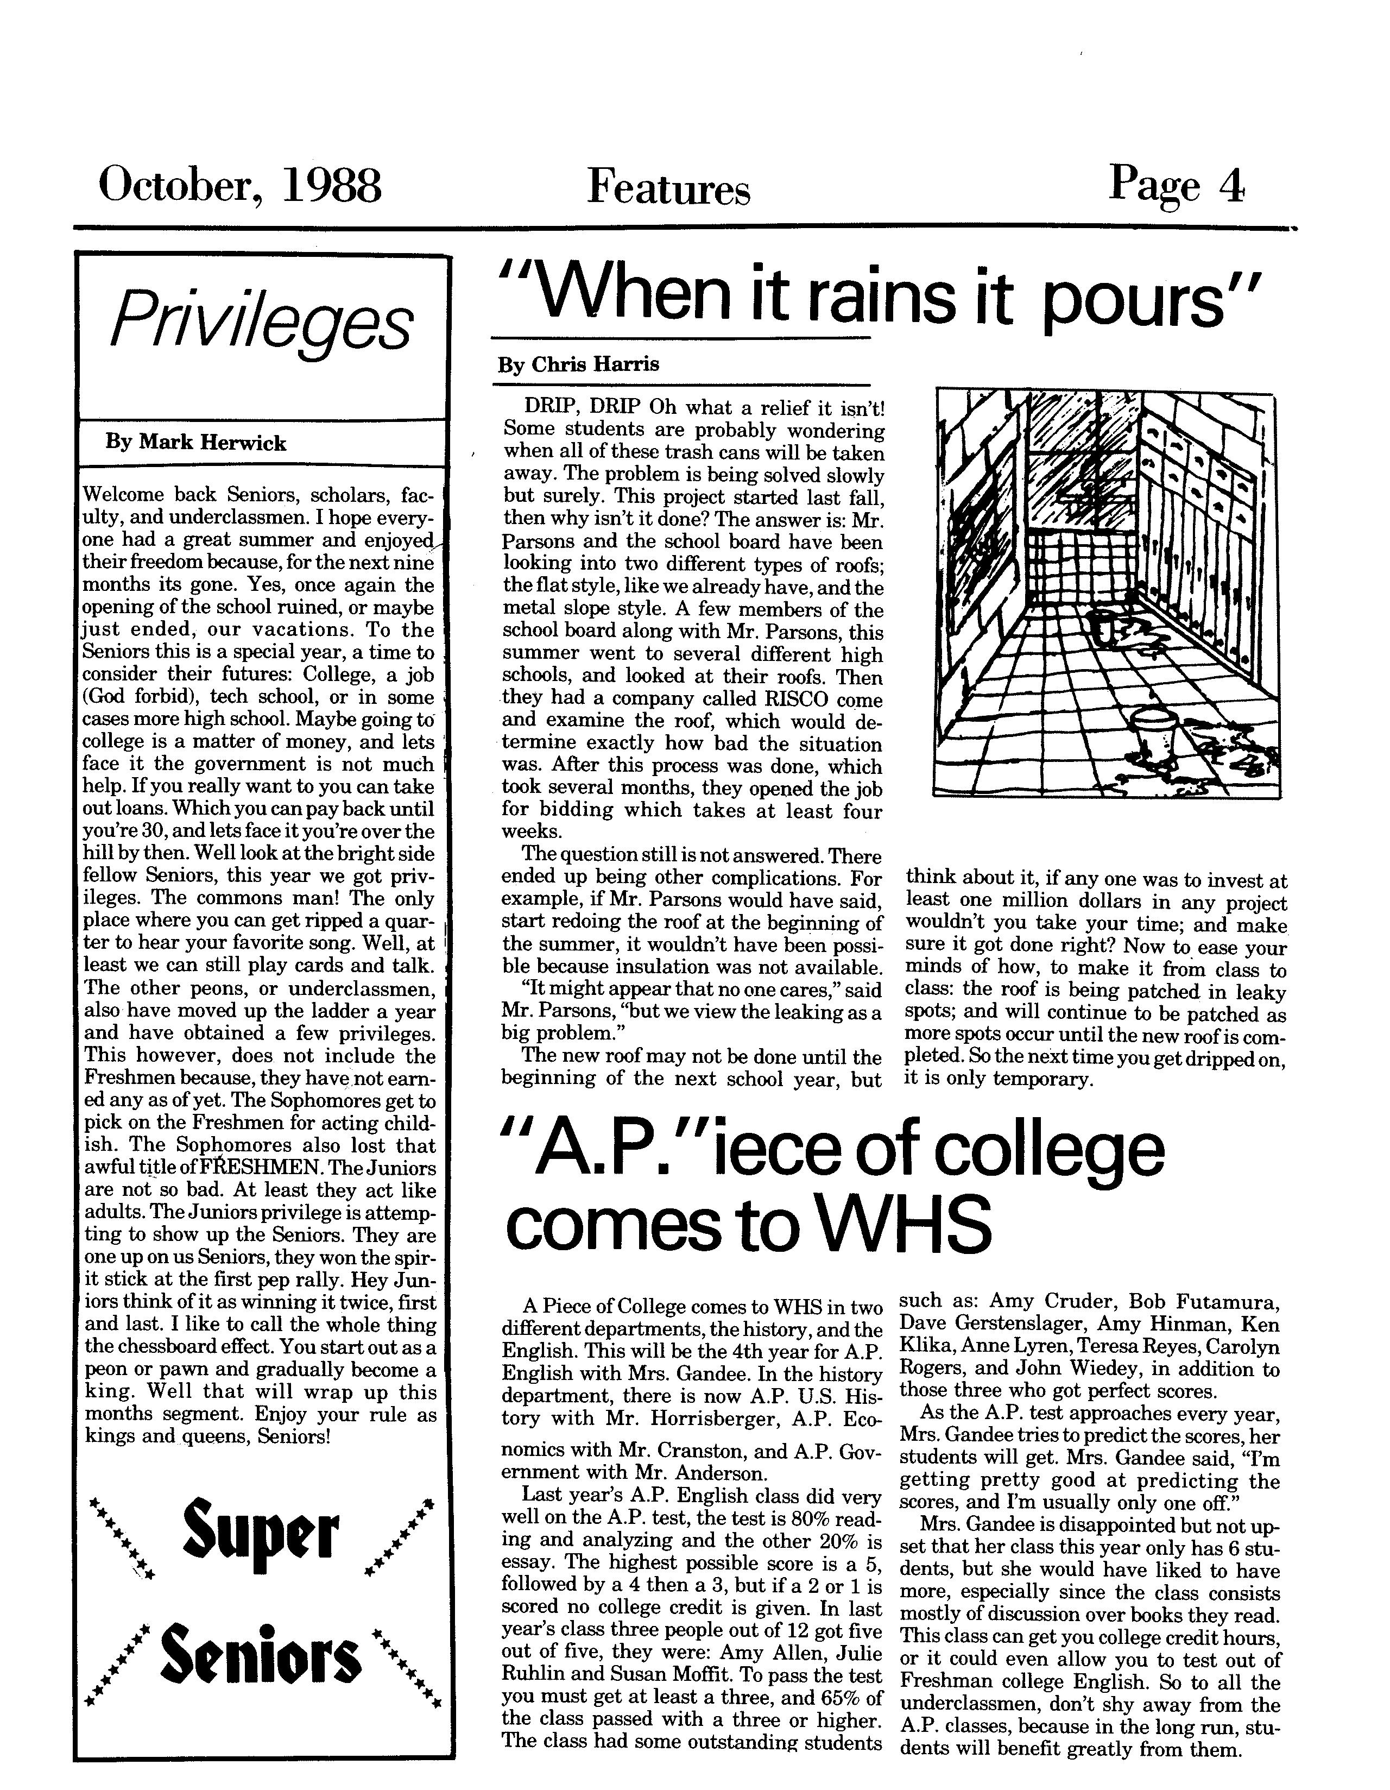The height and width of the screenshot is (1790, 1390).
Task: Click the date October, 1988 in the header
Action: point(239,186)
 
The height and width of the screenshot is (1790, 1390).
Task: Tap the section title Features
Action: point(668,188)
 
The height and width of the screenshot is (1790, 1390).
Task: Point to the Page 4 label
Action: point(1176,186)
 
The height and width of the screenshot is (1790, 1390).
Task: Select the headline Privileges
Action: point(261,322)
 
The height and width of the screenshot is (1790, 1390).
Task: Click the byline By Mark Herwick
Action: point(196,443)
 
